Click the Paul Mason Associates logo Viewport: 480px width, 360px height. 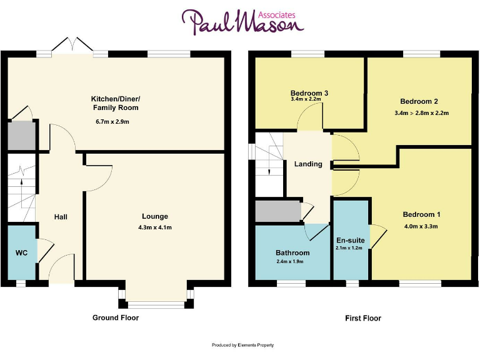click(242, 22)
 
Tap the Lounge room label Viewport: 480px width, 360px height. click(154, 217)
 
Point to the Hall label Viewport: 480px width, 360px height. click(61, 217)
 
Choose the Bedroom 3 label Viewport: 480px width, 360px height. click(309, 93)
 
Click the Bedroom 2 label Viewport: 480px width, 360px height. click(419, 101)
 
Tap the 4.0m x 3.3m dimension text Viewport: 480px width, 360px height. click(420, 226)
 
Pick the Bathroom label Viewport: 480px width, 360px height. click(292, 252)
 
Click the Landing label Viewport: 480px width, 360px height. click(308, 164)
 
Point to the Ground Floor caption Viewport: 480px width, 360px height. click(116, 317)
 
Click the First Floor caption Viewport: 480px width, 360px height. click(363, 318)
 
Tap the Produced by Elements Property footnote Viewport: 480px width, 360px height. click(242, 345)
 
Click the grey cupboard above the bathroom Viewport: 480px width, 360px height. click(277, 211)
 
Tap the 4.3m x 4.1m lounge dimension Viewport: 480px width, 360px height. click(154, 227)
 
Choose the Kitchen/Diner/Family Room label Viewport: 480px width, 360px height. click(115, 103)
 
